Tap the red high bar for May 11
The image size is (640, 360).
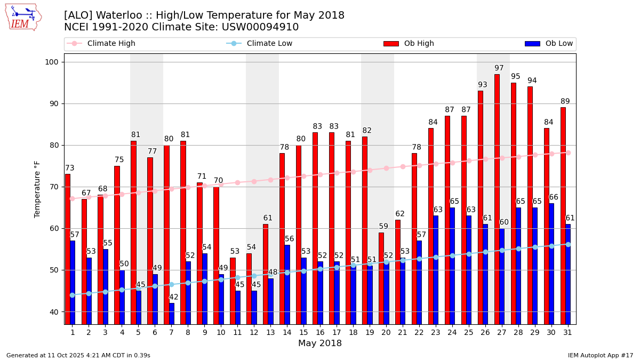(233, 291)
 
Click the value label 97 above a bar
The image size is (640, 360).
(499, 68)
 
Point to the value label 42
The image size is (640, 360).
(174, 297)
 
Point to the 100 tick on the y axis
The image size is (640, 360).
(53, 62)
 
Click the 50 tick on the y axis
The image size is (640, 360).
(55, 270)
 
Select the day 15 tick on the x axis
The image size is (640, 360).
(303, 332)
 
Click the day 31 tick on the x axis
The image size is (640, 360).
(567, 332)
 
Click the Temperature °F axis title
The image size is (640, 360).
(37, 189)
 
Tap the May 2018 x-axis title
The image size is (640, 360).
(320, 343)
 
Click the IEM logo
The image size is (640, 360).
(23, 17)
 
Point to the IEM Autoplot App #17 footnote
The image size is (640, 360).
(601, 355)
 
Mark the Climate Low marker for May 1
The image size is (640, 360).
(73, 295)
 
